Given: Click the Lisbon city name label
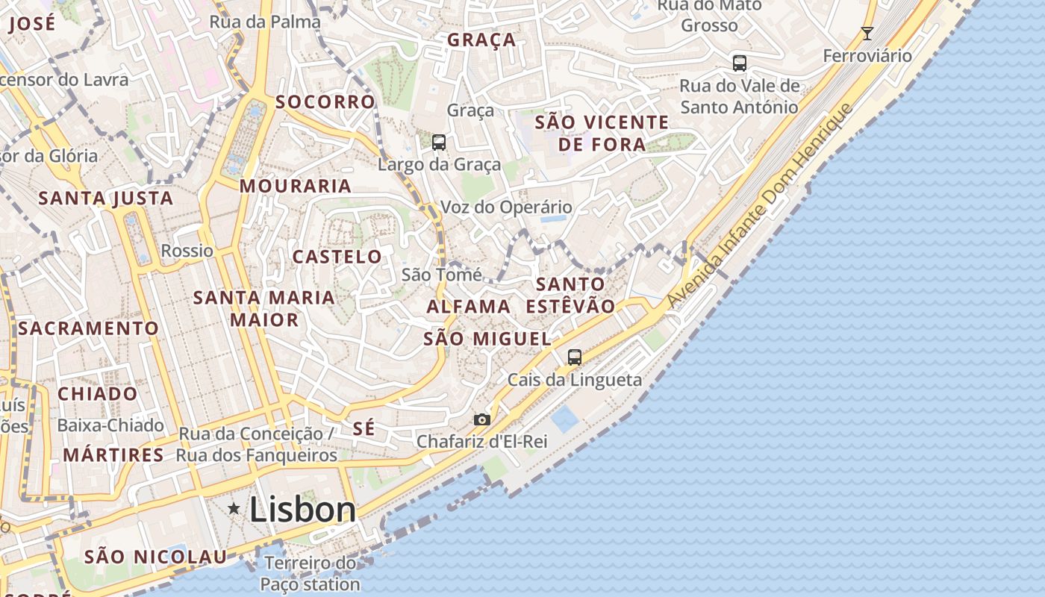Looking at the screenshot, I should coord(302,510).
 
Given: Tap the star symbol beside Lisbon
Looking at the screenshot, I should coord(234,509).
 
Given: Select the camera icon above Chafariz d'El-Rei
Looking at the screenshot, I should coord(482,419).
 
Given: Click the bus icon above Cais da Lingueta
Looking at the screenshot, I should coord(574,357).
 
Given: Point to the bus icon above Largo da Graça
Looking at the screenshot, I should coord(439,142).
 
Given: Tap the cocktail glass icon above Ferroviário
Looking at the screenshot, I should coord(867,34).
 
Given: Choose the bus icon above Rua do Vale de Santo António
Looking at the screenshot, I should coord(739,63).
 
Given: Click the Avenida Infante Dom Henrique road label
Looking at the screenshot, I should coord(759,205).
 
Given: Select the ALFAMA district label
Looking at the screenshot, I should coord(468,306).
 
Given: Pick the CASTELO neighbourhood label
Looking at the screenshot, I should coord(337,257).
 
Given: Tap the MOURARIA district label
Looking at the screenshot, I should coord(296,186).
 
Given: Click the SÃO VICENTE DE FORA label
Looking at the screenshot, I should coord(602,133).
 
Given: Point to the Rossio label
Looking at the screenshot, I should coord(187,250).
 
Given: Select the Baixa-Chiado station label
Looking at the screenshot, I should coord(110,425).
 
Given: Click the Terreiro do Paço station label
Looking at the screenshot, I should coord(311,573).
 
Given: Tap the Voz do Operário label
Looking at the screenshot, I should coord(506,207).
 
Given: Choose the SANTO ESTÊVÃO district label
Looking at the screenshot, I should coord(570,295).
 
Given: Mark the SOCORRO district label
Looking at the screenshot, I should coord(325,101).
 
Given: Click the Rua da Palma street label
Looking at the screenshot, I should coord(264,22).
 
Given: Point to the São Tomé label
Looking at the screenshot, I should coord(442,275).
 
